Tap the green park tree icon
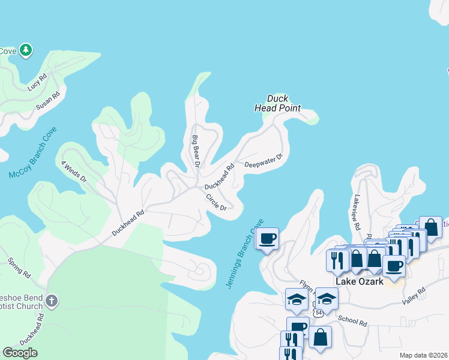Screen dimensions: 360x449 pyautogui.click(x=26, y=49)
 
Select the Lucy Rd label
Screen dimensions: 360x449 pyautogui.click(x=37, y=82)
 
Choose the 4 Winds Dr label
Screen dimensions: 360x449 pyautogui.click(x=74, y=170)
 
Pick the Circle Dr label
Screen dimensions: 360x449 pyautogui.click(x=215, y=202)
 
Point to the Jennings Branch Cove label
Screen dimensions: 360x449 pyautogui.click(x=244, y=254)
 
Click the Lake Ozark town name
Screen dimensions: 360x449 pyautogui.click(x=359, y=282)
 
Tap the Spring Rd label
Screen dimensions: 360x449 pyautogui.click(x=19, y=268)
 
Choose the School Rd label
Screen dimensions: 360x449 pyautogui.click(x=352, y=321)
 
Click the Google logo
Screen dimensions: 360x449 pyautogui.click(x=20, y=353)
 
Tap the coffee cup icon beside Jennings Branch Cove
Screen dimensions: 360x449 pyautogui.click(x=267, y=238)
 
